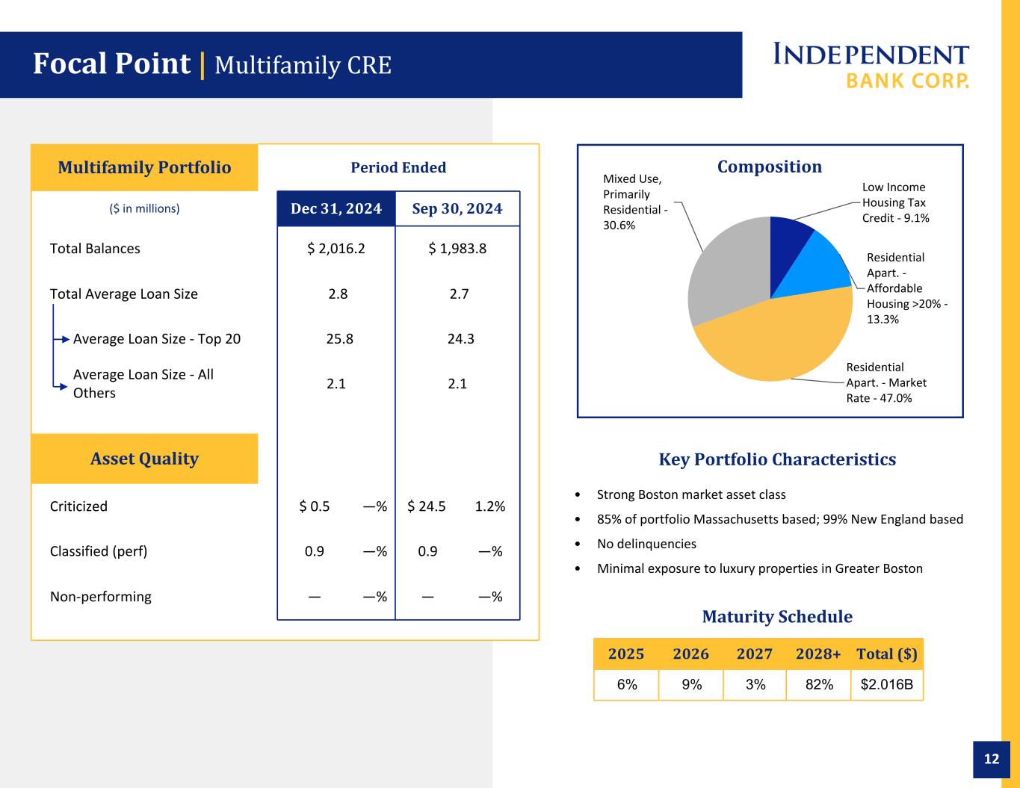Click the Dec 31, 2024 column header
click(x=336, y=208)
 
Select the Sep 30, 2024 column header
click(x=457, y=208)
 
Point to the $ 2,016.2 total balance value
click(x=336, y=249)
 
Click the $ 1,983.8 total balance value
click(x=457, y=249)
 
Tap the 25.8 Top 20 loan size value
click(x=339, y=338)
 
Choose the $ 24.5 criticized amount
click(x=426, y=506)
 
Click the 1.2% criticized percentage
click(x=490, y=506)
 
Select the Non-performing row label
click(x=101, y=597)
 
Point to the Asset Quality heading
click(x=144, y=459)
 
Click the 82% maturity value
click(x=819, y=684)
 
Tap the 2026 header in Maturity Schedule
click(x=690, y=654)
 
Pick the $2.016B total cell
click(x=887, y=684)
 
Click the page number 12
click(x=992, y=759)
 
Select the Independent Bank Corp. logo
click(x=871, y=65)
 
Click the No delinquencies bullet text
click(x=646, y=544)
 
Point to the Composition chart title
click(x=770, y=167)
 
